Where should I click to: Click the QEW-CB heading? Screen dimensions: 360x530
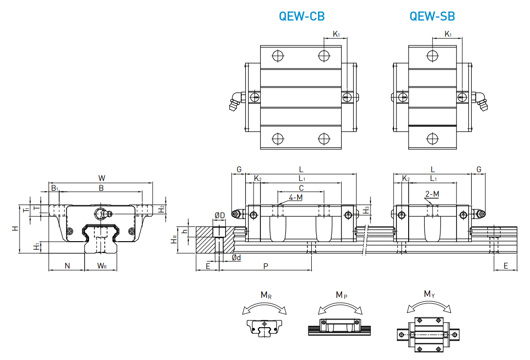301,16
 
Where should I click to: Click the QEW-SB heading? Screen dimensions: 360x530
432,16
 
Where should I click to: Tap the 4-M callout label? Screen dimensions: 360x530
296,198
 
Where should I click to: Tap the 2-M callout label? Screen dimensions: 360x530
432,194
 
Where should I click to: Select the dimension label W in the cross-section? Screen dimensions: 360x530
101,178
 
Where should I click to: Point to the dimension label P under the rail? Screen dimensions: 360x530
266,266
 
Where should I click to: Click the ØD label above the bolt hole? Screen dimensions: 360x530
219,215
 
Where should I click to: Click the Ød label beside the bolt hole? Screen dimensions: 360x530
236,257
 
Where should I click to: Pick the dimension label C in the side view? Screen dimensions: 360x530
301,188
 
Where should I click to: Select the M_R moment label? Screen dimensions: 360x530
266,295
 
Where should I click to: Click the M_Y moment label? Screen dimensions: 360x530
429,294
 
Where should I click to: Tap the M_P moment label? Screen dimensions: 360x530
342,295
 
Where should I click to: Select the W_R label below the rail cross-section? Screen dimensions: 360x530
101,266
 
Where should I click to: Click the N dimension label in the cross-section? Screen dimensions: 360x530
67,266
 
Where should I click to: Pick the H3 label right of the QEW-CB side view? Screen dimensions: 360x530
367,210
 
